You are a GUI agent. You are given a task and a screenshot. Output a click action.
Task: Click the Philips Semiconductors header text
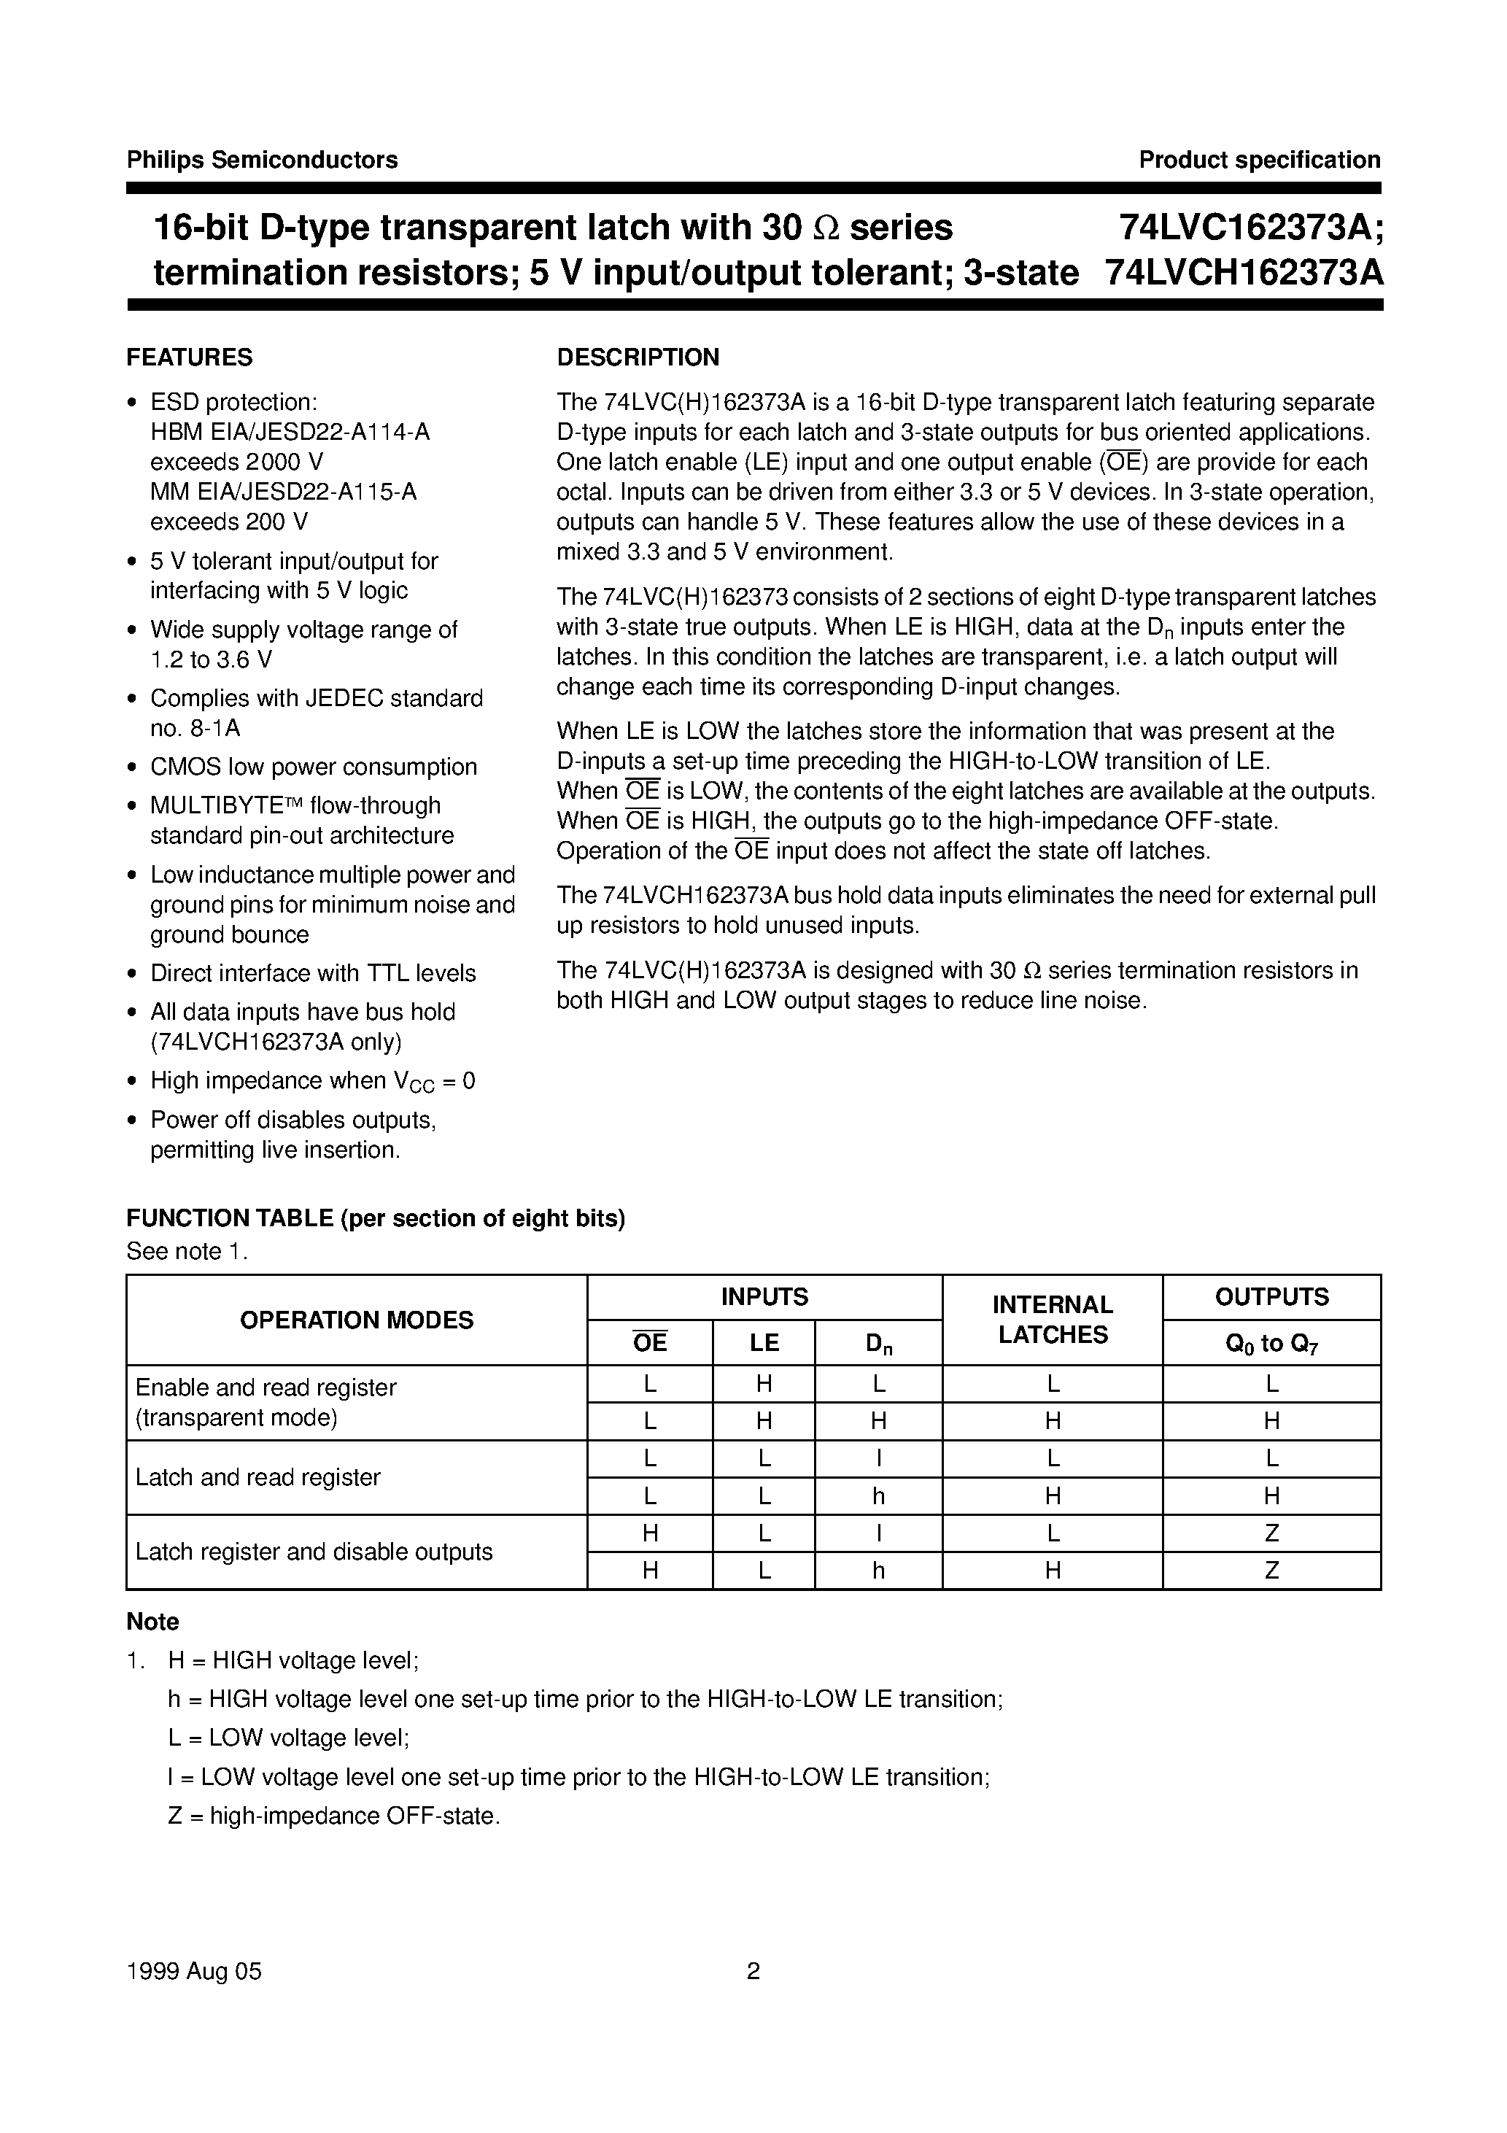point(262,160)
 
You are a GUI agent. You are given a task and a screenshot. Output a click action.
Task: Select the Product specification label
point(1259,160)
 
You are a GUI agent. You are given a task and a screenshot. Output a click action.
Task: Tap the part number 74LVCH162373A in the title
point(1244,273)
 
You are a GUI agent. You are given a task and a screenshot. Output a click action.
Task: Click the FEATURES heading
point(190,357)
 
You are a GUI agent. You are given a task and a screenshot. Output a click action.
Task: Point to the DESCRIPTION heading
point(638,357)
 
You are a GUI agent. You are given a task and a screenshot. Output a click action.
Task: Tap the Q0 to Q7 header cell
point(1271,1344)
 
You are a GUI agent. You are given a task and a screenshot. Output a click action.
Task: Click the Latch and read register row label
point(258,1477)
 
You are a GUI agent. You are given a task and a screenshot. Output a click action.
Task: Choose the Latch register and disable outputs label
point(314,1552)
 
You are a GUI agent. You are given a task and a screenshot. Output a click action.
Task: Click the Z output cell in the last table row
point(1271,1571)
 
